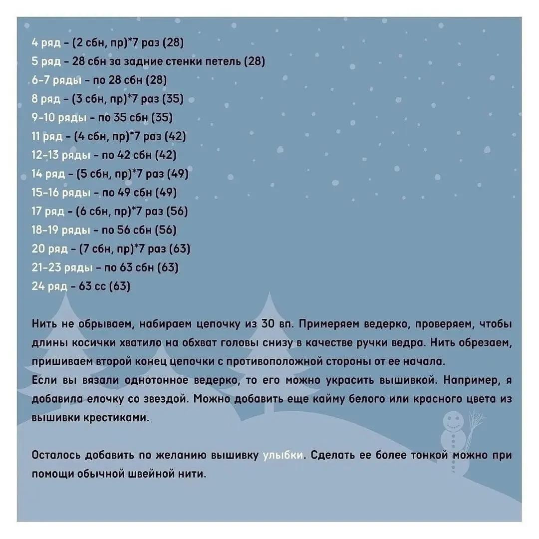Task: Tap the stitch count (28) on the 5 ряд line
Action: (255, 61)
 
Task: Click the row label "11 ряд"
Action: (47, 136)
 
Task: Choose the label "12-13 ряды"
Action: (60, 155)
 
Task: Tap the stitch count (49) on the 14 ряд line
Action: (177, 174)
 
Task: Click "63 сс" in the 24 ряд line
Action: (92, 286)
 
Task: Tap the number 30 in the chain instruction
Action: (269, 324)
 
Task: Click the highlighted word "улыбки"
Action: (282, 455)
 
